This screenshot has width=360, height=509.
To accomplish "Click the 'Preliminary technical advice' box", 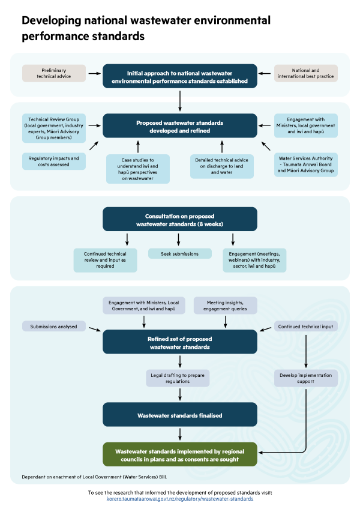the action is click(54, 73).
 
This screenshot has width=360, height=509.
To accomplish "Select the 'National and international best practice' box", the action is click(306, 73).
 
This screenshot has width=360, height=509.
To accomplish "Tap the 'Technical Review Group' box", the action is click(54, 128).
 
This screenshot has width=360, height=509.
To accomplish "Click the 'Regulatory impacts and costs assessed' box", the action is click(54, 161).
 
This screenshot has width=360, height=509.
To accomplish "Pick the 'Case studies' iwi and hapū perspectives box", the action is click(138, 169).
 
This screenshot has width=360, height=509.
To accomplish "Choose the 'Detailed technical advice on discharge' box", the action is click(222, 166).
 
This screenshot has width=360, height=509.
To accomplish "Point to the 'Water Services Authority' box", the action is click(306, 164).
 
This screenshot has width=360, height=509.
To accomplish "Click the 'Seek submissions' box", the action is click(180, 253).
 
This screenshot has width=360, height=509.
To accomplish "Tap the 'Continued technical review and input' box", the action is click(105, 260).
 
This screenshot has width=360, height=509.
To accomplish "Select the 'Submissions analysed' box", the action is click(54, 327).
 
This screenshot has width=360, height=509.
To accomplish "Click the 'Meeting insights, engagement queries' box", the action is click(225, 306).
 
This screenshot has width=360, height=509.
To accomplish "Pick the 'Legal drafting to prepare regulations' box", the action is click(178, 378).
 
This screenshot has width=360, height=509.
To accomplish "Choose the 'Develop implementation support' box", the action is click(306, 378).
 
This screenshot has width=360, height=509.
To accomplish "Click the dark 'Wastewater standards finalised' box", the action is click(180, 415).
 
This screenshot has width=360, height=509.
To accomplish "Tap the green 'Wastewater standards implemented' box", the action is click(180, 454).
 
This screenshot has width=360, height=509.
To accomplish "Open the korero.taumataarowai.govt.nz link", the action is click(180, 499).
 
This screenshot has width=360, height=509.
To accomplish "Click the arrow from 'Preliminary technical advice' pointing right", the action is click(94, 73).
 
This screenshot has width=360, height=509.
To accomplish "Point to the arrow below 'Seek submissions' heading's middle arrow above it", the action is click(179, 239).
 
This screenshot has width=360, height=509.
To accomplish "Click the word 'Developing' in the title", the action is click(52, 21).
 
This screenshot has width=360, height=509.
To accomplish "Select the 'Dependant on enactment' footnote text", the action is click(94, 477).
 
